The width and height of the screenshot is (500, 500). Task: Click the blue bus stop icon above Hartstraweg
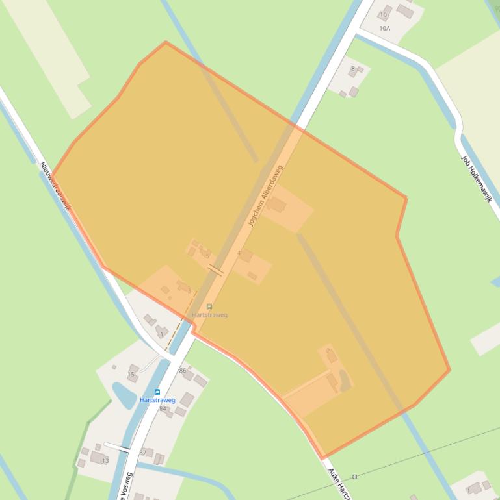click(x=157, y=392)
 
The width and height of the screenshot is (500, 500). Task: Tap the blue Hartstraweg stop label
click(x=157, y=400)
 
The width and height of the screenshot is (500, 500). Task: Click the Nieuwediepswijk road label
click(x=55, y=186)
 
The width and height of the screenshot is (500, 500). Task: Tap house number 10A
click(x=384, y=28)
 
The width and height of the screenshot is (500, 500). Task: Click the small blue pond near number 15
click(x=124, y=394)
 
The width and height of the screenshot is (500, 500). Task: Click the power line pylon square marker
click(x=354, y=477)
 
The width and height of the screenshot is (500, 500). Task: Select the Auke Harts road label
click(x=339, y=483)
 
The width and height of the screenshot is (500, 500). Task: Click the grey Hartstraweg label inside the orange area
click(x=209, y=315)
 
